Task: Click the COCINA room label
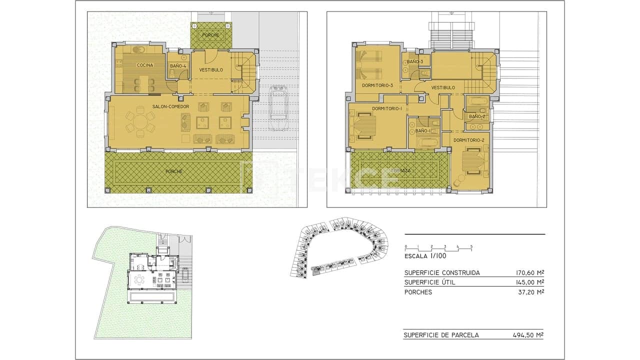pyautogui.click(x=145, y=65)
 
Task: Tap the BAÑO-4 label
pyautogui.click(x=178, y=66)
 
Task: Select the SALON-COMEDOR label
pyautogui.click(x=171, y=107)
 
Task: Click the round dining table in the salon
pyautogui.click(x=140, y=122)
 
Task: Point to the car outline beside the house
pyautogui.click(x=277, y=108)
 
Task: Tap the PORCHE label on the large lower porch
pyautogui.click(x=174, y=171)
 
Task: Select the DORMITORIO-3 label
pyautogui.click(x=377, y=85)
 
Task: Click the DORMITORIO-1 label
pyautogui.click(x=387, y=108)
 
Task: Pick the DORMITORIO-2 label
pyautogui.click(x=468, y=140)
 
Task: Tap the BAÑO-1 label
pyautogui.click(x=422, y=131)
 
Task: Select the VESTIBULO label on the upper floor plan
pyautogui.click(x=443, y=87)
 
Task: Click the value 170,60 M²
pyautogui.click(x=529, y=273)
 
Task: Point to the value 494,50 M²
pyautogui.click(x=528, y=335)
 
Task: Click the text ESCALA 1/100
pyautogui.click(x=425, y=256)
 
